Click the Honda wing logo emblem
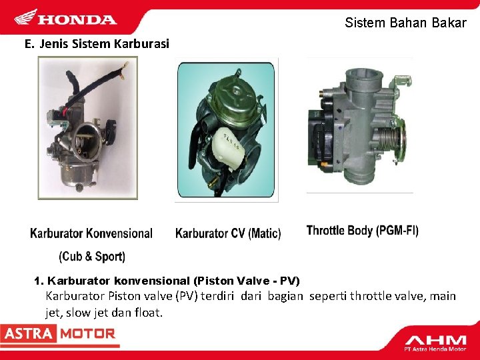[26, 18]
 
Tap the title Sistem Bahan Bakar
[405, 23]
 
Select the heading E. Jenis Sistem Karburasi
[97, 45]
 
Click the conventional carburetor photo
[87, 127]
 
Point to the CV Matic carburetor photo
[226, 129]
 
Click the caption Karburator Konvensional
[91, 234]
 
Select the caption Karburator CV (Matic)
[228, 234]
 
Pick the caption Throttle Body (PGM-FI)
[363, 231]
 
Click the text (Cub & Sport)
[92, 257]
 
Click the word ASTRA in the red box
[27, 333]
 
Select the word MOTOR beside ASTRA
[87, 333]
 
